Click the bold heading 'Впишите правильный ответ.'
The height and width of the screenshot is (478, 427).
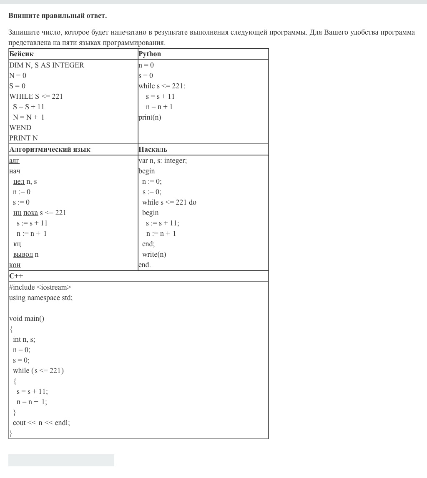(x=58, y=16)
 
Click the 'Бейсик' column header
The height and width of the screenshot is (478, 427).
(x=21, y=54)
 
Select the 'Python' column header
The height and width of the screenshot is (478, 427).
(x=150, y=54)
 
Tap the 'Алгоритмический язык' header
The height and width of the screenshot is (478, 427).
(x=50, y=150)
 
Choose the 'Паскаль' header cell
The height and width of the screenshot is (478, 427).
(x=153, y=150)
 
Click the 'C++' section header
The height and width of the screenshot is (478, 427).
(x=16, y=276)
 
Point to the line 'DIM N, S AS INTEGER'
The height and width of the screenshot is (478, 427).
(x=46, y=65)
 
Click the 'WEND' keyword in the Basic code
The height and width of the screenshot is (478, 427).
(x=20, y=128)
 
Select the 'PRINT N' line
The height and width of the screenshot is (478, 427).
(x=23, y=138)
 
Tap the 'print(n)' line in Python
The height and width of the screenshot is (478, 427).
(x=150, y=117)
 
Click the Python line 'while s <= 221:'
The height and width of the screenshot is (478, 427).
(x=162, y=86)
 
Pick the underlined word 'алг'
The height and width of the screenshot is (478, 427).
(x=14, y=160)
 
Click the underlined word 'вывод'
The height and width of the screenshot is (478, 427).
(x=23, y=254)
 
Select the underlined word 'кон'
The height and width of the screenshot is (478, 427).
(x=15, y=265)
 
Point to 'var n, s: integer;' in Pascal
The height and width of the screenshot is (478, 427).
(x=163, y=160)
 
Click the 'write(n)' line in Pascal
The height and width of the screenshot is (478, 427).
(x=154, y=254)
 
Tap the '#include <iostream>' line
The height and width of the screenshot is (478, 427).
(x=40, y=287)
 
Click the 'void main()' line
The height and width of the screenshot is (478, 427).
(x=27, y=318)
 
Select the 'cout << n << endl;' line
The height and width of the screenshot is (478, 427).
(x=41, y=423)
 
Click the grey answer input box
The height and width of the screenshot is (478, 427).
(x=61, y=460)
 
